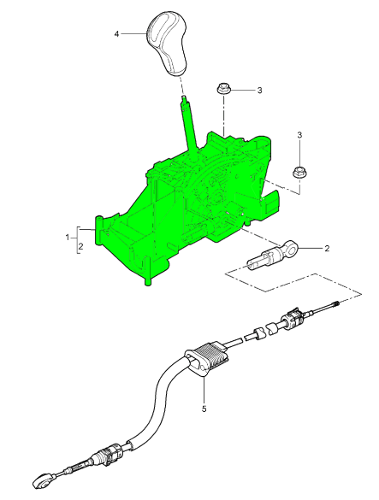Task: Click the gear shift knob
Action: [x=168, y=43]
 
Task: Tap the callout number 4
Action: [x=116, y=34]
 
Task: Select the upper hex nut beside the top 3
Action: [x=222, y=88]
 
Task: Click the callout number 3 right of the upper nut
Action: [x=259, y=91]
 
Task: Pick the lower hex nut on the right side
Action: [x=299, y=173]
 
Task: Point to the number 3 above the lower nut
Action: [x=299, y=135]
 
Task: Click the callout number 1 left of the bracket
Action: [x=68, y=238]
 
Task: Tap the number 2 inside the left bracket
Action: [x=80, y=246]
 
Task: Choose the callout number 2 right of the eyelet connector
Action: [x=327, y=249]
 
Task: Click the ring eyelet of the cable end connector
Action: [x=290, y=248]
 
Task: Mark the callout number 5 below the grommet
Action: [x=204, y=409]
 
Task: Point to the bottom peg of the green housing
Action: [x=147, y=280]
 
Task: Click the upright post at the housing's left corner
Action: [x=98, y=223]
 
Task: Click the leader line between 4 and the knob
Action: [x=133, y=33]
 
